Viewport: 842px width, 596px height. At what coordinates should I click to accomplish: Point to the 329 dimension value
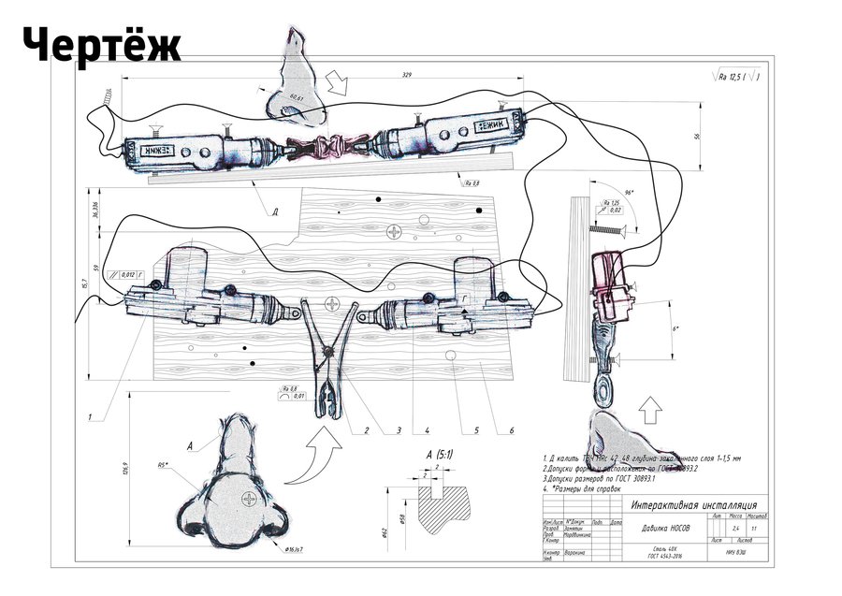[x=405, y=73]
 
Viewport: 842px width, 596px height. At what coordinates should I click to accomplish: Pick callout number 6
[x=512, y=431]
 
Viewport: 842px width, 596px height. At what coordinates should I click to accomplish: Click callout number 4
[x=426, y=431]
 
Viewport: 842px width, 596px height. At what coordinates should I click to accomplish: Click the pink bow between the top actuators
[x=330, y=147]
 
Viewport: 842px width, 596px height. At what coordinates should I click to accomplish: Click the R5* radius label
[x=162, y=462]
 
